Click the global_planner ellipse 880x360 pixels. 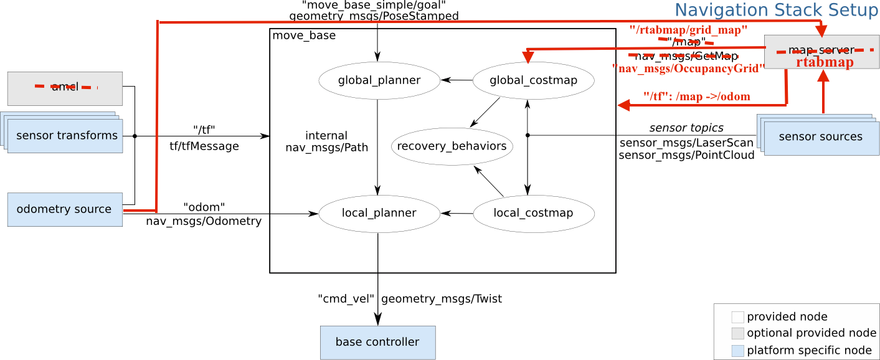click(x=379, y=80)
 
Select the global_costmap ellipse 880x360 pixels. click(x=533, y=80)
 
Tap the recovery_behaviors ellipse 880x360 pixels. click(x=452, y=147)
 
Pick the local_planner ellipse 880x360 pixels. click(x=379, y=214)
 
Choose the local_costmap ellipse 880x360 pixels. click(x=533, y=214)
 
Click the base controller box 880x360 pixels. click(x=377, y=342)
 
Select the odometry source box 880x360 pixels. click(x=65, y=209)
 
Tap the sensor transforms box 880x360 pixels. click(x=67, y=136)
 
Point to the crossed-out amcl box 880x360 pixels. click(x=65, y=88)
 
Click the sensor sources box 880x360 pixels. click(x=820, y=137)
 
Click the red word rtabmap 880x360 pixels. click(x=824, y=62)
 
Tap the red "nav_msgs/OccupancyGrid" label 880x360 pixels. click(x=686, y=69)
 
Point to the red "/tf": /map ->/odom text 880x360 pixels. click(x=696, y=97)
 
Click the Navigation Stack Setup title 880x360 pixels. click(x=777, y=10)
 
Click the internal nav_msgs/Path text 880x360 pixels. click(x=326, y=141)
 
